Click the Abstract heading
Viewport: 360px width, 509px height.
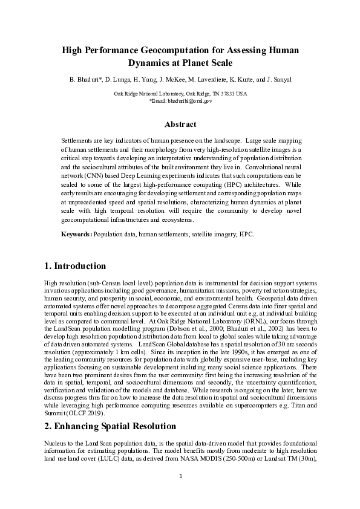click(x=180, y=125)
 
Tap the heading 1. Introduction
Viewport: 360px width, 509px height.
click(x=75, y=266)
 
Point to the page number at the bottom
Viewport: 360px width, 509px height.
click(x=180, y=493)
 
